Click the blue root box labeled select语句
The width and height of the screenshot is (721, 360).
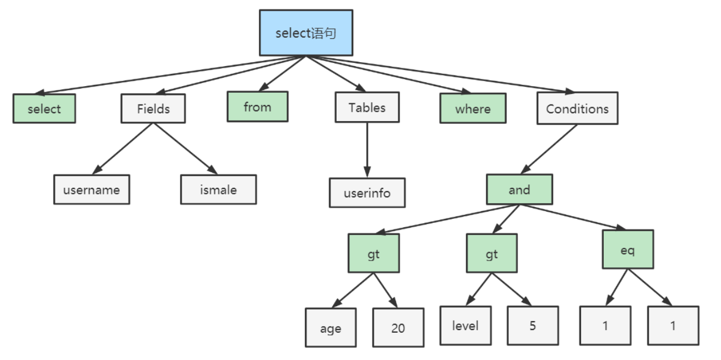coord(306,33)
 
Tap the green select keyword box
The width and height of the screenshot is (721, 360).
coord(44,108)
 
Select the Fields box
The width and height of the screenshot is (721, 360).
coord(153,108)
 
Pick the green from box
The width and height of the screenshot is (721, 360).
coord(258,107)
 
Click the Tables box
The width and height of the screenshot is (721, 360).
coord(367,107)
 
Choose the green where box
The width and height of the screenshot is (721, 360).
coord(473,108)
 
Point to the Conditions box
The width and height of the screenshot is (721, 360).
coord(578,108)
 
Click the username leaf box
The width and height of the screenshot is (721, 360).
coord(92,189)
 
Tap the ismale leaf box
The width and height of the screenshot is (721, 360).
coord(218,189)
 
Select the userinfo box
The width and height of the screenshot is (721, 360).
coord(367,193)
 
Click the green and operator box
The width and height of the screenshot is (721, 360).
coord(519,189)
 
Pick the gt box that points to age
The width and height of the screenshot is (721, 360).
coord(374,253)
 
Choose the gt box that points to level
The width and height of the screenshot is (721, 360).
coord(492,253)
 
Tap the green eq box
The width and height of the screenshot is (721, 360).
coord(628,249)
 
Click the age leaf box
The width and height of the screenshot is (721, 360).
coord(331,328)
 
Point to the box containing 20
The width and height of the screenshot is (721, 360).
coord(398,328)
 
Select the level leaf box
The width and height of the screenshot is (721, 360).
coord(465,326)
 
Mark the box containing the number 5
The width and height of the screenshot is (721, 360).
coord(533,326)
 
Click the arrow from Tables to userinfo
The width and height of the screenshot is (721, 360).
coord(367,150)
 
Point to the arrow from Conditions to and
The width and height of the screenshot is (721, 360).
coord(548,149)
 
